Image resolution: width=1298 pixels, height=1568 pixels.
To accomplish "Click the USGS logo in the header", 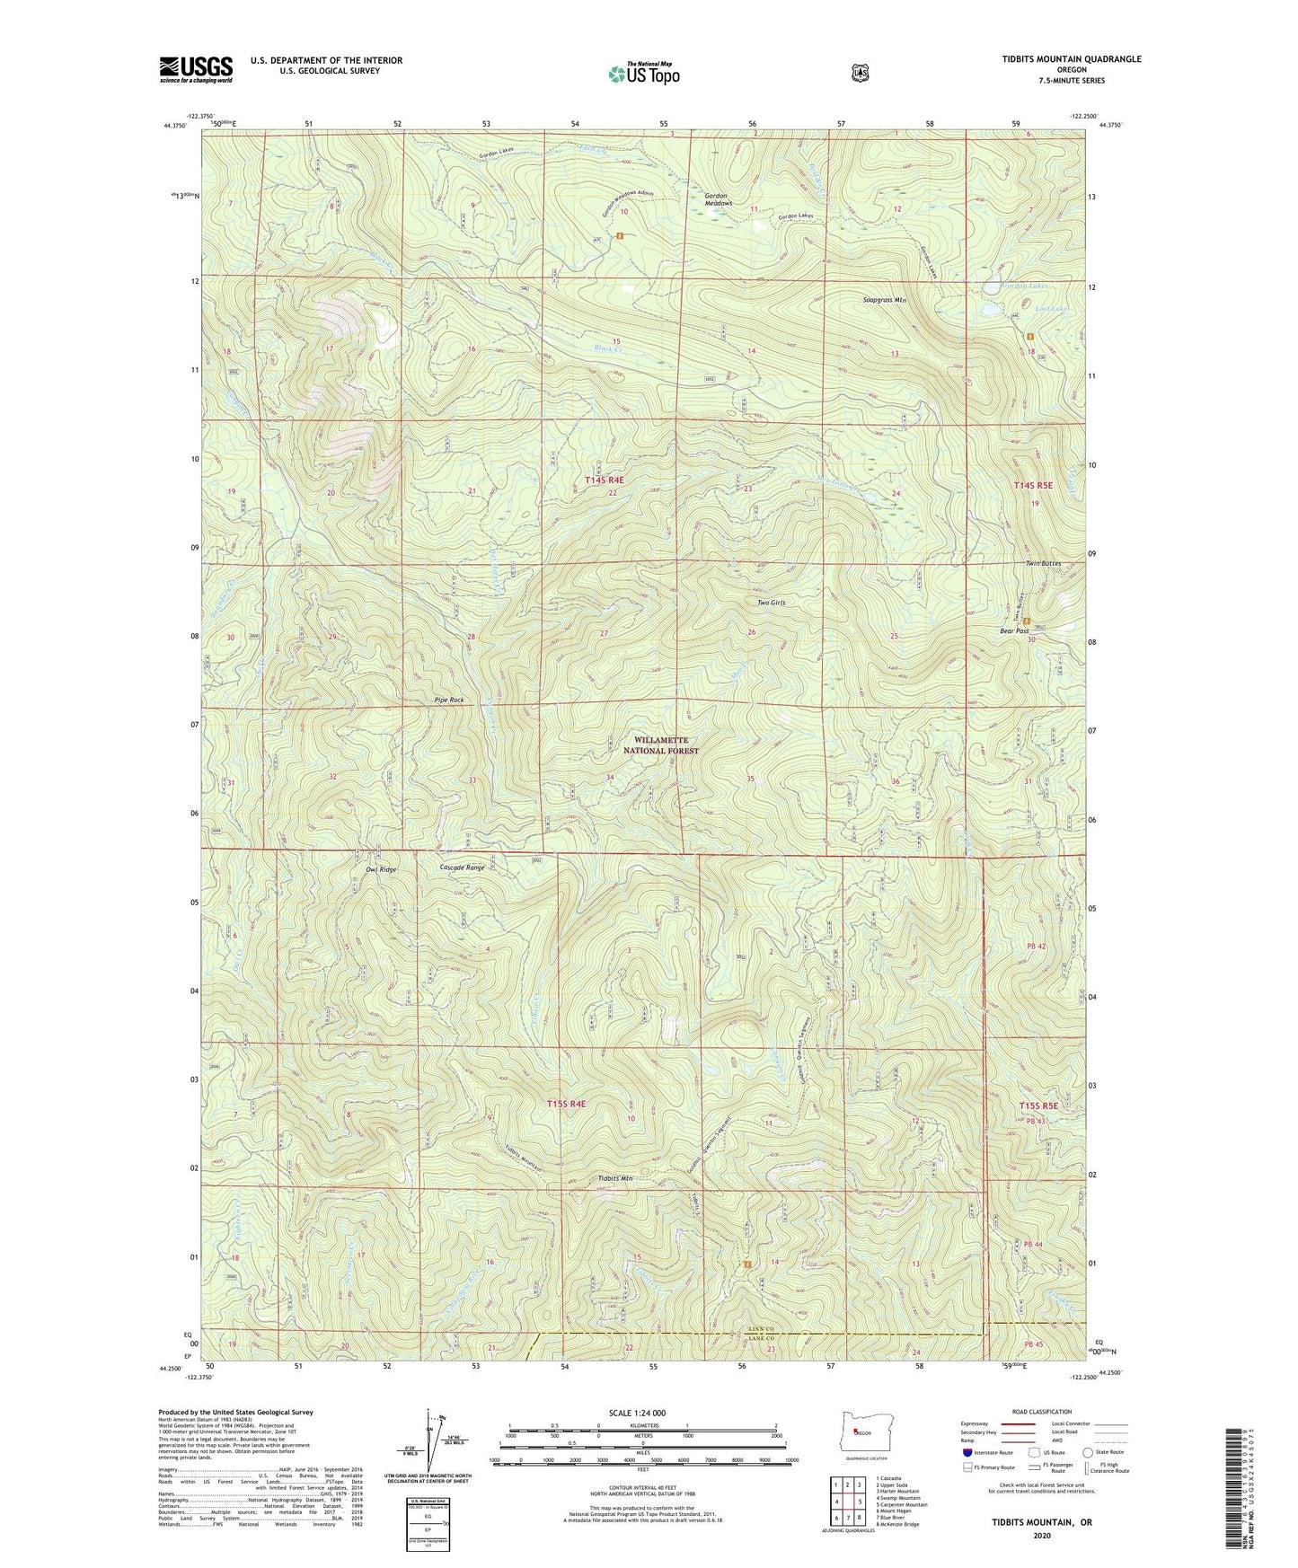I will (196, 68).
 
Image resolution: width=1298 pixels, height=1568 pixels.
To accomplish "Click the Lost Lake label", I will (1052, 309).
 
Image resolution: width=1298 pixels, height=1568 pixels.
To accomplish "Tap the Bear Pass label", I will (1015, 631).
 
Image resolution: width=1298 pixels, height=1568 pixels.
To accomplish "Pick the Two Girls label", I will (772, 603).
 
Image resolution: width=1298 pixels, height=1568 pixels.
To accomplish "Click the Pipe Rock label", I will (449, 700).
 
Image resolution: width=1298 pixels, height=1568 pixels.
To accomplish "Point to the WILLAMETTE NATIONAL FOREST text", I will (661, 745).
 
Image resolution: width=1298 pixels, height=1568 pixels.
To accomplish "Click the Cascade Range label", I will (463, 868).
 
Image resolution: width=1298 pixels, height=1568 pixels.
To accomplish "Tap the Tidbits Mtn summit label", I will (615, 1178).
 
